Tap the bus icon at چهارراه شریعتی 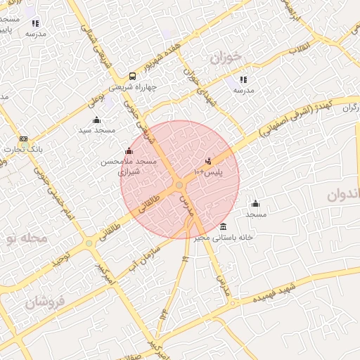pyautogui.click(x=132, y=77)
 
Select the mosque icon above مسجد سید pyautogui.click(x=96, y=120)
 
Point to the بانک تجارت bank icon pyautogui.click(x=23, y=139)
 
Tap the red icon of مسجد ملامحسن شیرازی pyautogui.click(x=128, y=151)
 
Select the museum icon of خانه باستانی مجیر pyautogui.click(x=223, y=226)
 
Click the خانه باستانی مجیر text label pyautogui.click(x=225, y=238)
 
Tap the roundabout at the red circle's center pyautogui.click(x=180, y=184)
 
